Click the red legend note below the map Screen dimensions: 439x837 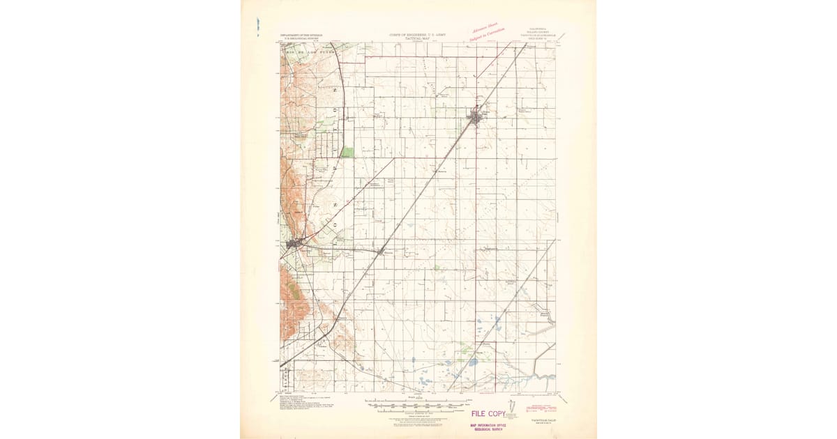coord(541,405)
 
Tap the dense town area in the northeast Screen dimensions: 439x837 coord(476,117)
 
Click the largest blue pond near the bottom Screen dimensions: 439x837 coord(473,362)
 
